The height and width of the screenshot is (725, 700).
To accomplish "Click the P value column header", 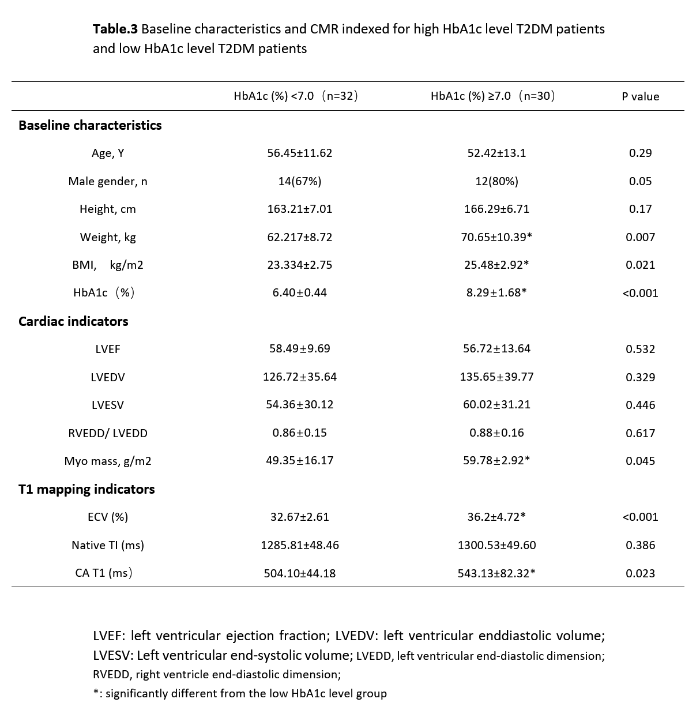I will [x=640, y=97].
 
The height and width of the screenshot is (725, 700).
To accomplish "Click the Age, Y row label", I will [x=108, y=153].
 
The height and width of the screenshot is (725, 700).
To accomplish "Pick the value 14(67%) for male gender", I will [x=300, y=181].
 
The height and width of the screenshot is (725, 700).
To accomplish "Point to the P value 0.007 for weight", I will [x=640, y=237].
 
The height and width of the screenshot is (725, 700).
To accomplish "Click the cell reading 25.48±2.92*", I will [x=496, y=265].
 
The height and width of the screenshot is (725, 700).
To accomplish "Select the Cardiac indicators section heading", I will [x=73, y=321].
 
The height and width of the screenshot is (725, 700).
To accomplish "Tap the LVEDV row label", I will [x=108, y=377].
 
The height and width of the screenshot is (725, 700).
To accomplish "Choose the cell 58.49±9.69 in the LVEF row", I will [x=300, y=349].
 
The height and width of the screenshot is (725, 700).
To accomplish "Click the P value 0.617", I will [x=640, y=433].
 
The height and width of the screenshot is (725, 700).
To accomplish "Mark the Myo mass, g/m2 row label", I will [x=108, y=461].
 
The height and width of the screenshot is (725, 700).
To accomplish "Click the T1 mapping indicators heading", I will [x=86, y=489].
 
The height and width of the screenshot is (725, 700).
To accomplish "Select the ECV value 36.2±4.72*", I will [x=496, y=517].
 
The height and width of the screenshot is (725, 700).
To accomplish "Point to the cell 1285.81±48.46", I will [x=300, y=545].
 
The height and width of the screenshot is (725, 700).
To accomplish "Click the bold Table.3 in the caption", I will [x=115, y=29].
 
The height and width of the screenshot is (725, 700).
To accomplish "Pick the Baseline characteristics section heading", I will [x=90, y=125].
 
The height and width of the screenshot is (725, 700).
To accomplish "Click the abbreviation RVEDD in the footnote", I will [x=111, y=674].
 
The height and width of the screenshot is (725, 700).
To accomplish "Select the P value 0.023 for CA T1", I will [x=640, y=573].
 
